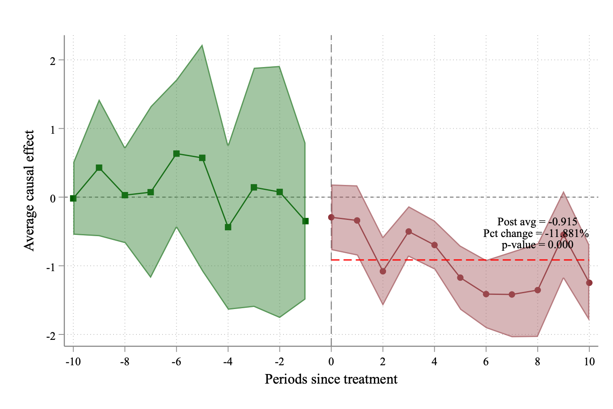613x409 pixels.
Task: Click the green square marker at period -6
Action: (x=176, y=154)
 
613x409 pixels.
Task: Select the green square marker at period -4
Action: (x=228, y=227)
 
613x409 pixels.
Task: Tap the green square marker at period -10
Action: (x=73, y=198)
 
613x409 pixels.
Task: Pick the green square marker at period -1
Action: (x=305, y=221)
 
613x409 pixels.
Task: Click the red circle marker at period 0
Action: (x=331, y=217)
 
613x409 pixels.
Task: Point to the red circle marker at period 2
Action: (x=383, y=271)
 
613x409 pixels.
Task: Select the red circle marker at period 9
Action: (x=563, y=235)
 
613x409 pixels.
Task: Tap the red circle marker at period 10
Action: (x=589, y=283)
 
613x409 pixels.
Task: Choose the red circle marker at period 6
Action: (x=486, y=294)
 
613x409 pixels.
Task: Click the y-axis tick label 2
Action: (x=53, y=61)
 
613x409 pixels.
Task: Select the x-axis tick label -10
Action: (x=73, y=362)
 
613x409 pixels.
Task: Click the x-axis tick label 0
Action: (x=331, y=362)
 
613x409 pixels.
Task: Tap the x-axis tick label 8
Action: (x=538, y=362)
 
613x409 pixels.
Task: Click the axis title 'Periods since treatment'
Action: (x=331, y=379)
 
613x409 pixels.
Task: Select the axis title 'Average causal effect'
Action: (x=29, y=191)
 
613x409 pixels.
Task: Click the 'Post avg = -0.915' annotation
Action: (x=537, y=222)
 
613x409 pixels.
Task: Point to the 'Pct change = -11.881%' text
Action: (x=536, y=233)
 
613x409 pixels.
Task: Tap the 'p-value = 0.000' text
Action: (x=537, y=245)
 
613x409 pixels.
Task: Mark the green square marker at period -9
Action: (x=99, y=168)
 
